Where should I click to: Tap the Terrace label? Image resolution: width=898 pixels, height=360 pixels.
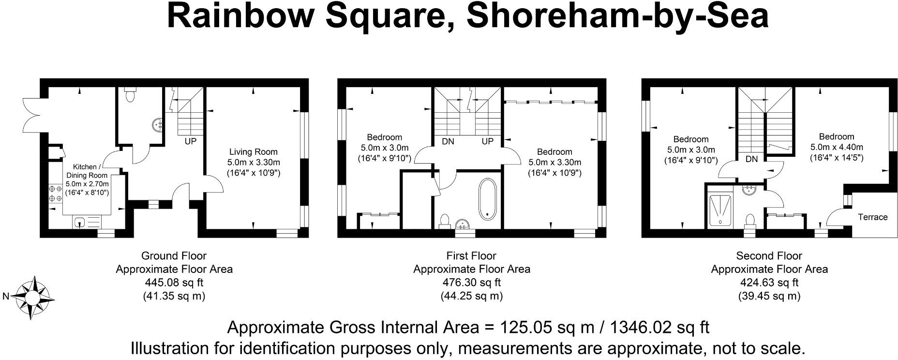point(872,217)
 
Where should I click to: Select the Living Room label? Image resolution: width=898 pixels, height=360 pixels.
point(253,152)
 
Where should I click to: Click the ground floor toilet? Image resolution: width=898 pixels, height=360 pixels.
point(129,95)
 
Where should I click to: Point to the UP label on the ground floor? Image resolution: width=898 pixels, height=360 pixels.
point(191,142)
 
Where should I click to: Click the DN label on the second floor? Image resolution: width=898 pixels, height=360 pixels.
point(751,159)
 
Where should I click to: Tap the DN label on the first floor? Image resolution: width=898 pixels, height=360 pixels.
point(448,142)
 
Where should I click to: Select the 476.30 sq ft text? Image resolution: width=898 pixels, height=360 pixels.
point(472,283)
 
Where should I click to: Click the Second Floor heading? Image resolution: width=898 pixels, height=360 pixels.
point(769,256)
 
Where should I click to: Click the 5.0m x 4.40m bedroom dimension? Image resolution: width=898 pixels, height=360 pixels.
point(837,147)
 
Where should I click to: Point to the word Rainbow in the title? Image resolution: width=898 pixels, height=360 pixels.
point(241,15)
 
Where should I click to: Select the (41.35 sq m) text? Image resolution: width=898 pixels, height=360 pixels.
point(174,296)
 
